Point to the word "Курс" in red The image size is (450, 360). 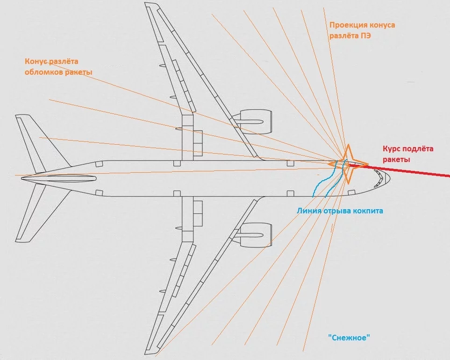click(393, 149)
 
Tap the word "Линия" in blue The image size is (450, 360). click(308, 211)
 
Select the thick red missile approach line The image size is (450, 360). click(411, 171)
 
